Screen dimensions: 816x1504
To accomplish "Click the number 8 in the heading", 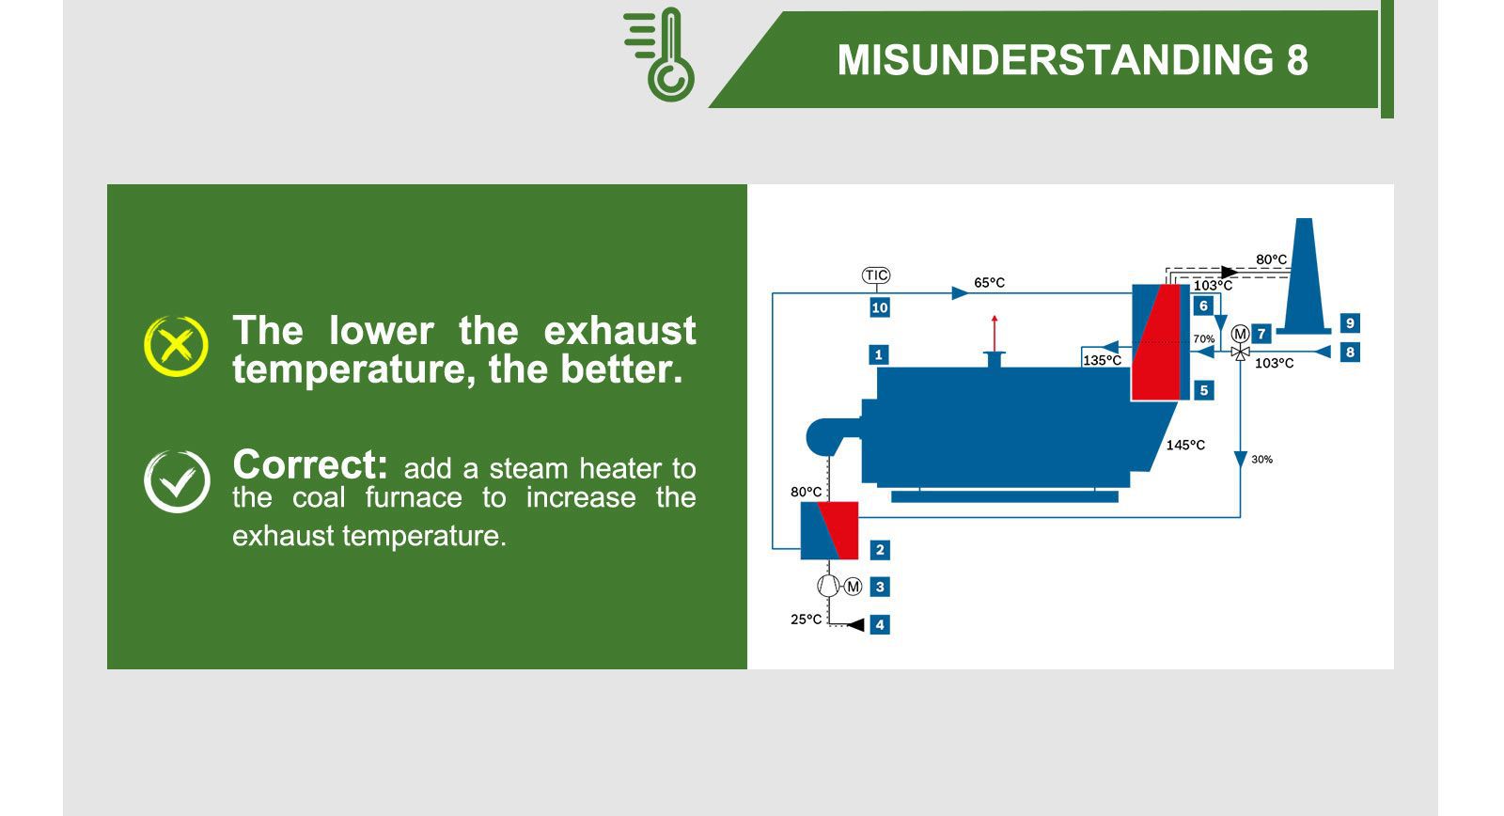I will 1296,61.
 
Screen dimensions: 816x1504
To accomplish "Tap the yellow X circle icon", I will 176,346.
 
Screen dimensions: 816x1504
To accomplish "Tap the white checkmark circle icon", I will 177,481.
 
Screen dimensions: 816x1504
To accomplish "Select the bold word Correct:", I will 309,465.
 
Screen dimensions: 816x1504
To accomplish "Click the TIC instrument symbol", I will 876,275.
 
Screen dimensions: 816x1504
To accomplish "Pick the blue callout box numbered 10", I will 880,307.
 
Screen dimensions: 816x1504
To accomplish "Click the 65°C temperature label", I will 989,282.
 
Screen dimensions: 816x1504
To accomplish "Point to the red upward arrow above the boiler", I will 995,333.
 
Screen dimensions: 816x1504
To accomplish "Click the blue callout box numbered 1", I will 879,354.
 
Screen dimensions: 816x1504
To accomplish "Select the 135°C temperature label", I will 1102,360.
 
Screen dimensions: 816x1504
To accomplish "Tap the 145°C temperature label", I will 1185,445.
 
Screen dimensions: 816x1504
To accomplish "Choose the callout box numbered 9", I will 1350,323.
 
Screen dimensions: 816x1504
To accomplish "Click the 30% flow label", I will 1261,459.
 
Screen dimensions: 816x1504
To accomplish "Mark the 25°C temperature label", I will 806,619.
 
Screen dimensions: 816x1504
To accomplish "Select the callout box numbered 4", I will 880,624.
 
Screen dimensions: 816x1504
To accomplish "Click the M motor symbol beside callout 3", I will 853,587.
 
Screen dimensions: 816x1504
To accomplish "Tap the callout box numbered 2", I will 880,550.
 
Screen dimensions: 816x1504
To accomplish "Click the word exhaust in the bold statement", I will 619,331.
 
